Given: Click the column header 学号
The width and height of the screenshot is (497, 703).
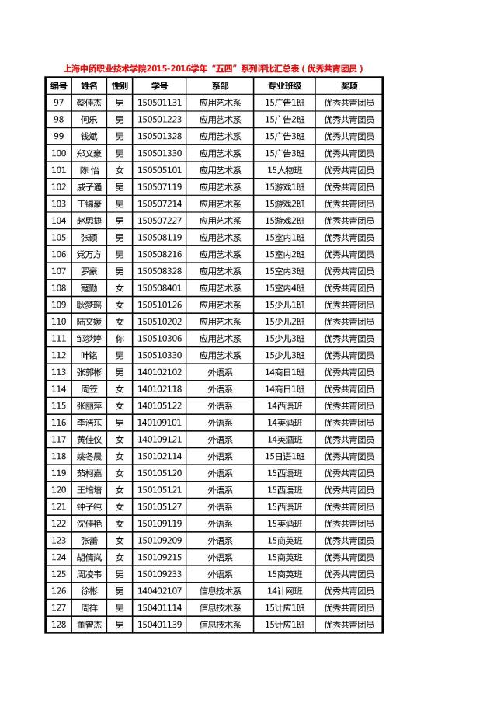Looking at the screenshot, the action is coord(159,85).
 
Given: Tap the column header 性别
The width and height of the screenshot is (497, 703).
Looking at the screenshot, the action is coord(120,85).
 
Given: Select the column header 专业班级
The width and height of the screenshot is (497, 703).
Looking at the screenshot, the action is coord(284,85).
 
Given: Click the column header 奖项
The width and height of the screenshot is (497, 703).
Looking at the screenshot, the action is coord(349,85).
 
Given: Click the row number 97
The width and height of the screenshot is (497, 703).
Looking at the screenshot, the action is coord(58,103).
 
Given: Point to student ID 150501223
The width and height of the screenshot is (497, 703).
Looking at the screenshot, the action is coord(159,120).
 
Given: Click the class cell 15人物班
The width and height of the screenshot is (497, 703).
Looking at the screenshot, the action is coord(284,170).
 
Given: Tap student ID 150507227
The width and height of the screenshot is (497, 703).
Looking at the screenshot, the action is coord(159,221).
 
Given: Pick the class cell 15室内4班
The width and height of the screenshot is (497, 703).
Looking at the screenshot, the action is coord(284,288).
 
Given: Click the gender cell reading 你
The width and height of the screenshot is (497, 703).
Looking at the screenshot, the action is coord(120,339).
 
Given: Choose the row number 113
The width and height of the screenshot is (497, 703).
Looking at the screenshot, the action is coord(58,372).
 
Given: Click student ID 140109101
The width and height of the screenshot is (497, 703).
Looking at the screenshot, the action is coord(159,423).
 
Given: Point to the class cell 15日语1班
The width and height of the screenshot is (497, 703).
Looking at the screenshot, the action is coord(284,456).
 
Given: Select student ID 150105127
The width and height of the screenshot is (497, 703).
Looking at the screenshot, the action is coord(159,506).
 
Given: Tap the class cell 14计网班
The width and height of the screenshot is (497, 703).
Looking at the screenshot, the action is coord(284,591).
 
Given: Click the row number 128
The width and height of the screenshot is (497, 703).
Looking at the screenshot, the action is coord(58,625).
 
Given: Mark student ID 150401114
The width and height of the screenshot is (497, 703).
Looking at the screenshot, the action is coord(159,607).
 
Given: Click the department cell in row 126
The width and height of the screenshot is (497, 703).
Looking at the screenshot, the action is coord(220,591).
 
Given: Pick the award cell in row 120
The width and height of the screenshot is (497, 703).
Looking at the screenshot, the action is coord(349,490).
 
